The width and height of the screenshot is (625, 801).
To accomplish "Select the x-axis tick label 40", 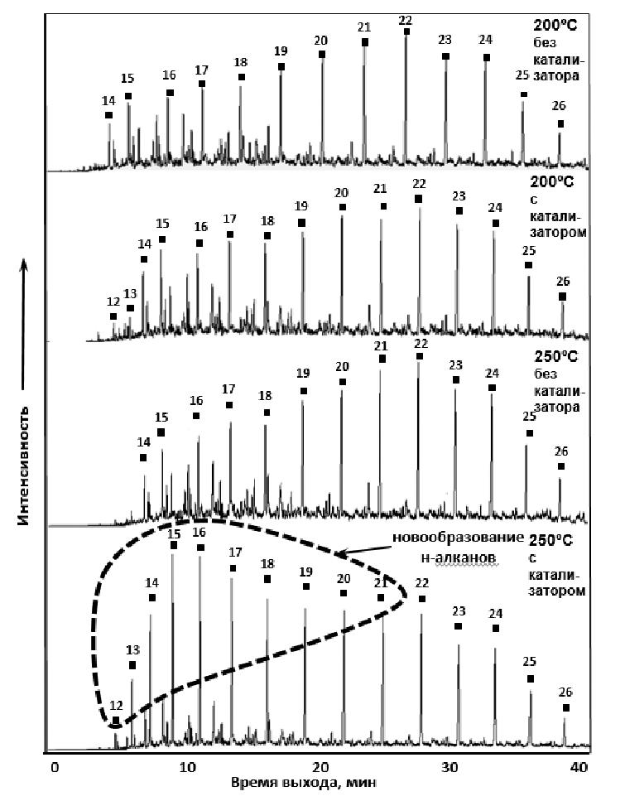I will click(x=583, y=767).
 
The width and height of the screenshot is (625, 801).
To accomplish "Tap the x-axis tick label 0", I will click(x=55, y=767).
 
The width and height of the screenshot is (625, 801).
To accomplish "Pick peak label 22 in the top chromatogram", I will click(x=406, y=20).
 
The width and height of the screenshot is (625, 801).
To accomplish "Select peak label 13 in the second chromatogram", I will click(x=130, y=293).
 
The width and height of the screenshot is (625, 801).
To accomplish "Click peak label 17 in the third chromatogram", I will click(x=228, y=389).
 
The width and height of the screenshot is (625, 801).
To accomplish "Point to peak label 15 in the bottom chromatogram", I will click(x=174, y=533).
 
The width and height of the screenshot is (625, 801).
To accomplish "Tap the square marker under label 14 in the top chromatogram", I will click(x=109, y=115).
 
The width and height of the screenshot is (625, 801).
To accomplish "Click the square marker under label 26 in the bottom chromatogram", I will click(x=566, y=708).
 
